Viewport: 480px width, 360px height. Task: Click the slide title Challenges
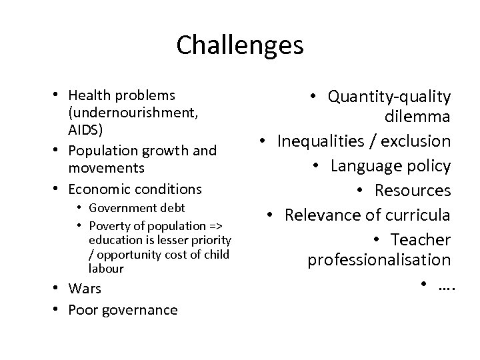[x=240, y=45]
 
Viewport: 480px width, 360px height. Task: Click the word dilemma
[x=417, y=118]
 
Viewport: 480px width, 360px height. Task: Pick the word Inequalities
[x=322, y=142]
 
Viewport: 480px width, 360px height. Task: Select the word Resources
[x=413, y=191]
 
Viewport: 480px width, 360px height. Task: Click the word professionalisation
[x=379, y=259]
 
